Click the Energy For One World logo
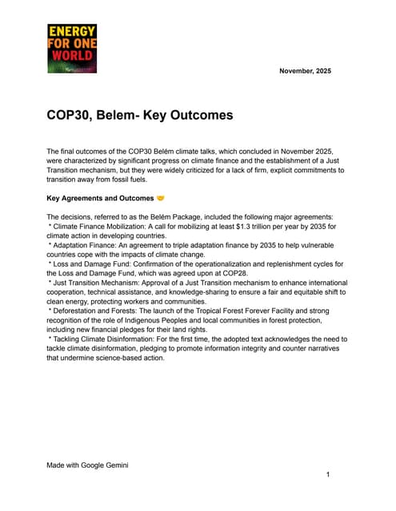tap(72, 49)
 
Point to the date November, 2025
tap(305, 71)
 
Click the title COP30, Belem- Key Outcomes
tap(140, 115)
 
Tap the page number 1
tap(328, 475)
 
